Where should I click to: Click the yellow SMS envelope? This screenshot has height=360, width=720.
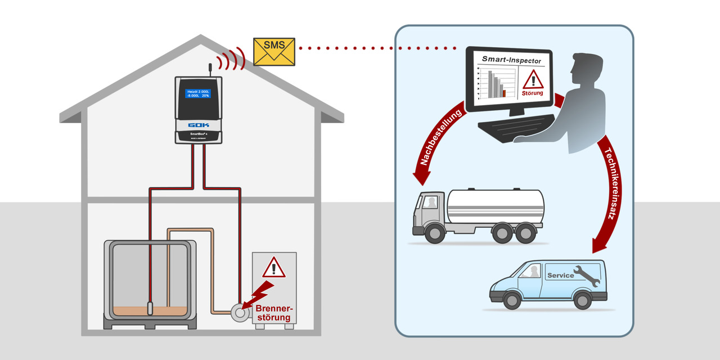[x=274, y=52]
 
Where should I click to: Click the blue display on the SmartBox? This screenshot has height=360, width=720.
[x=198, y=94]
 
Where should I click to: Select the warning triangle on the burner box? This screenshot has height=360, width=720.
[x=274, y=268]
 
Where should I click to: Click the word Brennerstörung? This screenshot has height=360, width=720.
[x=275, y=313]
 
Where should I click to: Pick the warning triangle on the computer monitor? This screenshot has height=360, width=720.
[x=533, y=79]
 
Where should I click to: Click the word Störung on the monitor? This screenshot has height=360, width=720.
[x=533, y=93]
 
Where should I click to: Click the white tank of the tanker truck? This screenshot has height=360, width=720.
[x=496, y=206]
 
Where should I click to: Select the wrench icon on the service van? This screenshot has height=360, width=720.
[x=588, y=275]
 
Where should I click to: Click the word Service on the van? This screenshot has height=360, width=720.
[x=560, y=276]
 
